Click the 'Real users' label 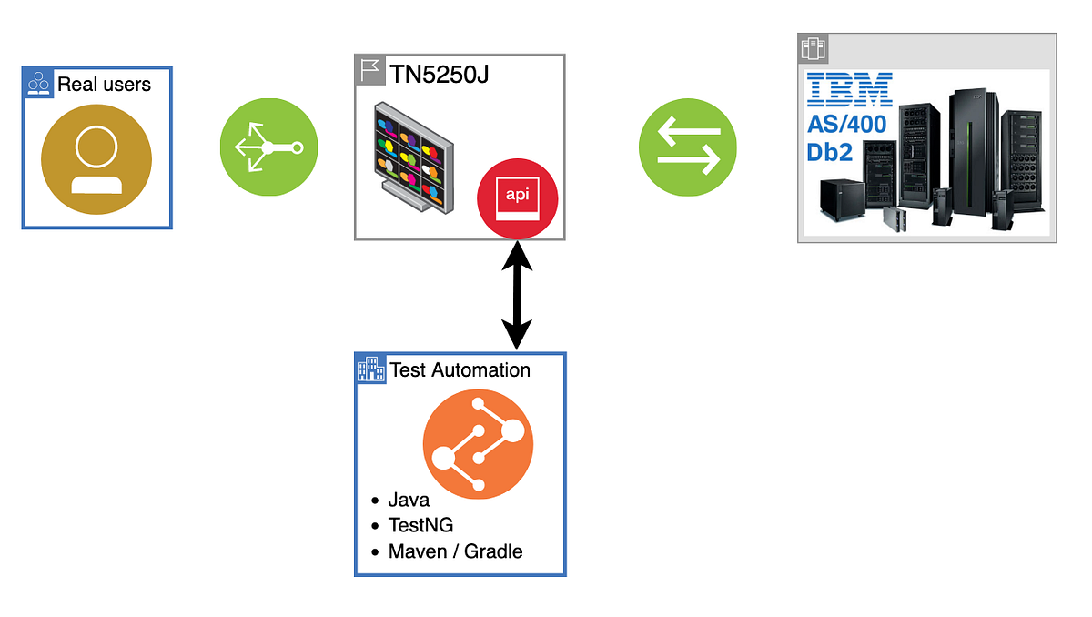(x=104, y=85)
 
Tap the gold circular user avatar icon (x=96, y=160)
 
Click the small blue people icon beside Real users (x=38, y=84)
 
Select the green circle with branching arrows (x=269, y=147)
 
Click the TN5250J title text (x=440, y=73)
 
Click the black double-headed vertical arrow (x=517, y=295)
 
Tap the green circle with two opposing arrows (x=687, y=147)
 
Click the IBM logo (x=849, y=91)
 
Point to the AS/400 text (x=846, y=125)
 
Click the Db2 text (x=829, y=152)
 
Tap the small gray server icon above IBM (x=813, y=48)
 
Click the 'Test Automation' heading (x=460, y=369)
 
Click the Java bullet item (x=408, y=500)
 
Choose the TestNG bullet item (x=420, y=525)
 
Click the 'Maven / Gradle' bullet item (x=455, y=551)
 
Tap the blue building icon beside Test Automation (x=371, y=369)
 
